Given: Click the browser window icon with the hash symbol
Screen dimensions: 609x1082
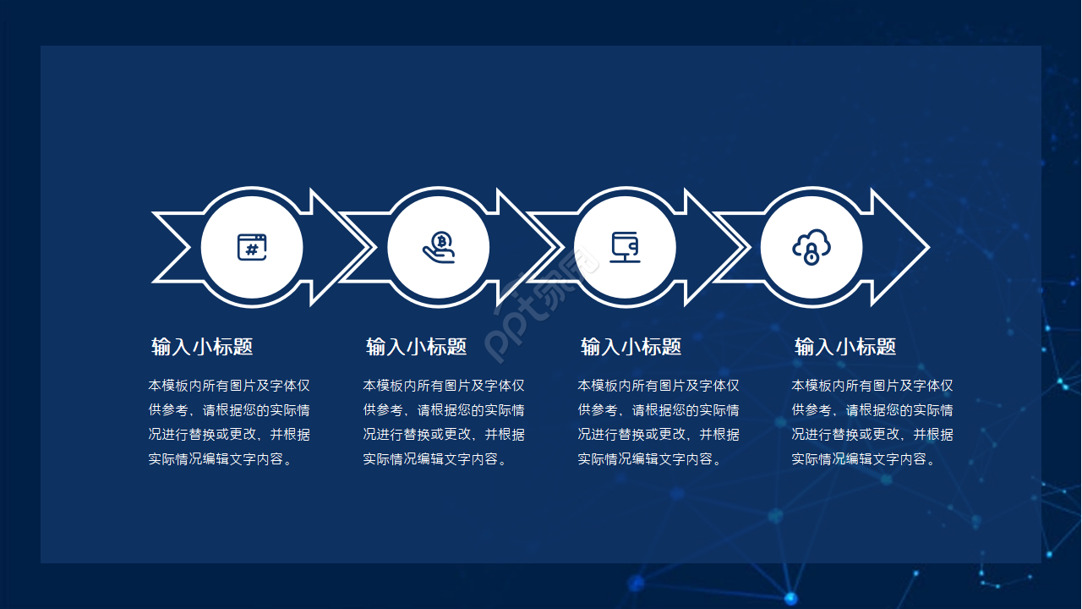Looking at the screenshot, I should (x=252, y=247).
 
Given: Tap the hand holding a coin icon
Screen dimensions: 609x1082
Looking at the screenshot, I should (x=439, y=247).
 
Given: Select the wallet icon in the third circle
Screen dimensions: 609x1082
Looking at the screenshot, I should (x=625, y=247).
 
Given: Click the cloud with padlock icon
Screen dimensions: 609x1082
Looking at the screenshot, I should (x=811, y=247).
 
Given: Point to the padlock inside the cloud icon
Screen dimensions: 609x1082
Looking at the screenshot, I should (x=811, y=254).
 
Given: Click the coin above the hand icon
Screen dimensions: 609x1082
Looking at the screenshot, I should (x=441, y=240).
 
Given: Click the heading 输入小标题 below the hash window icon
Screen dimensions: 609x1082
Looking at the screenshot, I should (x=202, y=347).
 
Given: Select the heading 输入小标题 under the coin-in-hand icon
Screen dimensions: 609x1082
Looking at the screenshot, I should (x=417, y=347).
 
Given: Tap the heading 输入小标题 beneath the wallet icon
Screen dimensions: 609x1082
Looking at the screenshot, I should (x=631, y=347).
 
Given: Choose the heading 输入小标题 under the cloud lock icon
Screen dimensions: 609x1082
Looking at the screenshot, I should (x=845, y=347).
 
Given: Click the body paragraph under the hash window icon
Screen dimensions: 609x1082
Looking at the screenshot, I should (x=229, y=422).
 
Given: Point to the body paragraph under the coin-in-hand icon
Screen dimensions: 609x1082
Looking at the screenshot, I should (x=444, y=422).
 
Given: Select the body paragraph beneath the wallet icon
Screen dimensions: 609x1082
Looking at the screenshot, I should (x=658, y=422).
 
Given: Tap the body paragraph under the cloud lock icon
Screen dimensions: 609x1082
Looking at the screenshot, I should (x=872, y=422).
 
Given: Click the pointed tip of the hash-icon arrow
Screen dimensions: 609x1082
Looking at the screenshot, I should (x=367, y=247).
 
